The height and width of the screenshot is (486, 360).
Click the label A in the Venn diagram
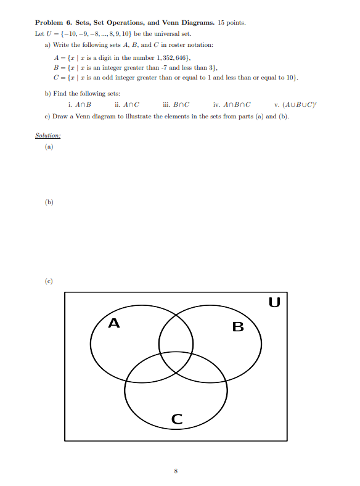click(113, 323)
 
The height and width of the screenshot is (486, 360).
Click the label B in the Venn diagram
click(238, 326)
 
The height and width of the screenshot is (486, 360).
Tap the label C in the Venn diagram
click(176, 420)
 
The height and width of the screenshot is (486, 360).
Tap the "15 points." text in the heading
click(232, 23)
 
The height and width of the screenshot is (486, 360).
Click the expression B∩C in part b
click(181, 104)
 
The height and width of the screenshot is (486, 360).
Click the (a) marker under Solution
click(49, 147)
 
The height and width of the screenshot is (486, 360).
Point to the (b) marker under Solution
click(49, 201)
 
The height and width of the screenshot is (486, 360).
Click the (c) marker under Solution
click(49, 281)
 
